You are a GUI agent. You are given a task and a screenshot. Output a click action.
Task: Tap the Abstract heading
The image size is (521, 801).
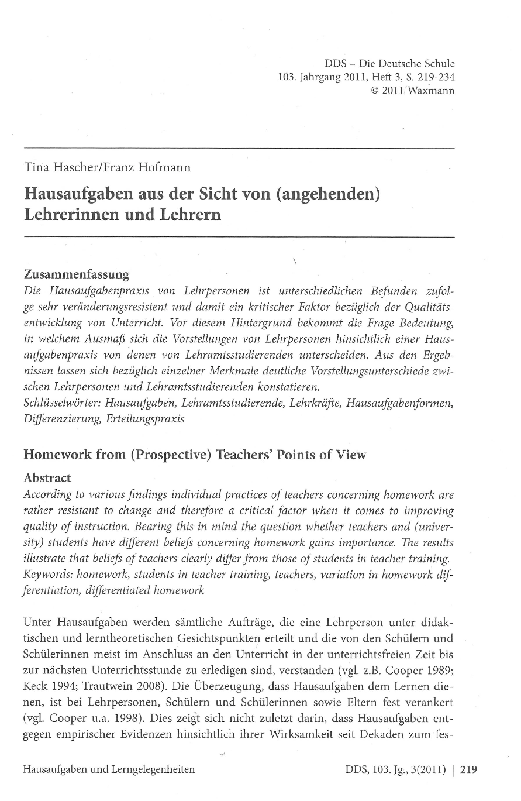[x=47, y=477]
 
